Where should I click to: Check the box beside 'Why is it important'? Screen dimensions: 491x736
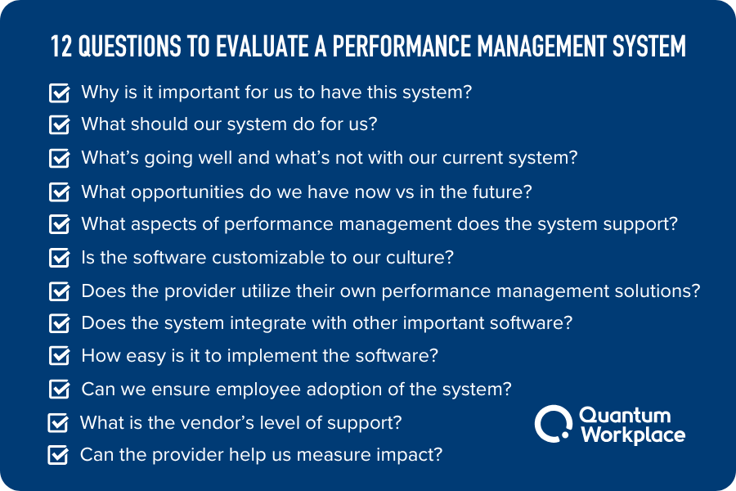[x=60, y=92]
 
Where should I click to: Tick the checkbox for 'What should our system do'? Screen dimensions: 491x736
[x=60, y=125]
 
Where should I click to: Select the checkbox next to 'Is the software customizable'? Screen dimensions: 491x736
[x=60, y=258]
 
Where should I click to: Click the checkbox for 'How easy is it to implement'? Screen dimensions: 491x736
[x=60, y=356]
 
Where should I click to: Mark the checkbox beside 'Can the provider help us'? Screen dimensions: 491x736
[x=58, y=455]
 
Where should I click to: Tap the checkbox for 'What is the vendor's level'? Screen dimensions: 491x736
[x=58, y=423]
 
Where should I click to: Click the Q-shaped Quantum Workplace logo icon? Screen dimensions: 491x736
[x=552, y=425]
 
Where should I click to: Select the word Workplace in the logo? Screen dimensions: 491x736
[x=633, y=435]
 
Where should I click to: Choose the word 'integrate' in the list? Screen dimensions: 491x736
[x=252, y=323]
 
